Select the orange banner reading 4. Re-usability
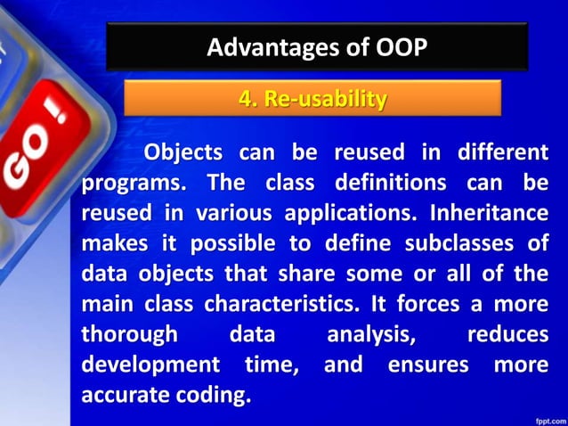coord(312,99)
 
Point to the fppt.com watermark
coord(544,415)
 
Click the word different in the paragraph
coord(503,152)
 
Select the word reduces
coord(507,335)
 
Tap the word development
coord(150,365)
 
